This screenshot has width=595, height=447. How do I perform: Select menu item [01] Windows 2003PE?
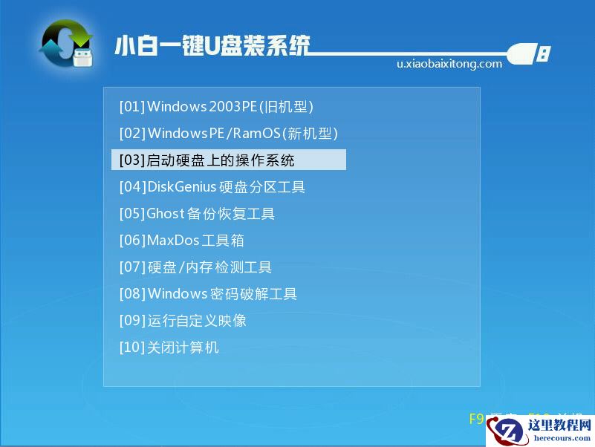pyautogui.click(x=216, y=107)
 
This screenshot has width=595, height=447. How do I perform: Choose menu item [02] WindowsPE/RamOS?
pyautogui.click(x=228, y=134)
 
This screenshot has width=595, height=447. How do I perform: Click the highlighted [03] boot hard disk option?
pyautogui.click(x=228, y=160)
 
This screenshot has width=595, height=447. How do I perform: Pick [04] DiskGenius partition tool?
pyautogui.click(x=212, y=187)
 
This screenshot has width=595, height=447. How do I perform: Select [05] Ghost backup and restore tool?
pyautogui.click(x=197, y=214)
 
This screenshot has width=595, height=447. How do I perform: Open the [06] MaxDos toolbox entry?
pyautogui.click(x=181, y=241)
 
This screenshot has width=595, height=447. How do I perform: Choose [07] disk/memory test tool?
pyautogui.click(x=195, y=267)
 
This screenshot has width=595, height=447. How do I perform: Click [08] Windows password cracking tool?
pyautogui.click(x=208, y=294)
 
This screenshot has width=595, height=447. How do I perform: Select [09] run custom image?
pyautogui.click(x=183, y=321)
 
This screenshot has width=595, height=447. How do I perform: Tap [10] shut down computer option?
pyautogui.click(x=169, y=348)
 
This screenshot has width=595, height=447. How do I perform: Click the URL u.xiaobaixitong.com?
pyautogui.click(x=449, y=64)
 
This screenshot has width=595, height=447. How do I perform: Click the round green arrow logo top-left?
pyautogui.click(x=65, y=43)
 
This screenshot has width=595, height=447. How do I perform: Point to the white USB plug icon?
pyautogui.click(x=530, y=53)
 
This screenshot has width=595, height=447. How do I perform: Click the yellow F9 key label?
pyautogui.click(x=476, y=419)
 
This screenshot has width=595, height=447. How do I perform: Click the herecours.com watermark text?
pyautogui.click(x=562, y=438)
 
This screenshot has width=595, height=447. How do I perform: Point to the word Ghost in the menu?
pyautogui.click(x=165, y=214)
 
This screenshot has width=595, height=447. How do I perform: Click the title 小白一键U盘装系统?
pyautogui.click(x=212, y=46)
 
